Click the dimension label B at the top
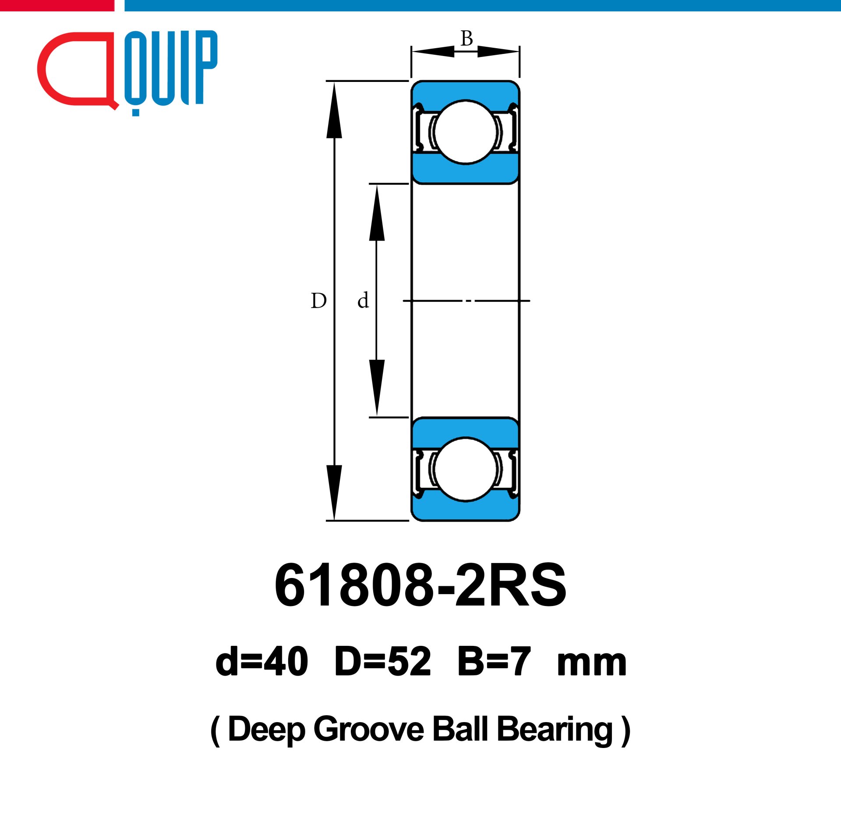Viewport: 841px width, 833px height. tap(466, 39)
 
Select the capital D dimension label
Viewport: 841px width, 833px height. tap(318, 301)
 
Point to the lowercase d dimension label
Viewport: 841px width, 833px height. tap(363, 300)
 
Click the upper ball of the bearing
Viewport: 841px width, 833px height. tap(466, 132)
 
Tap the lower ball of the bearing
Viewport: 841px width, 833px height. tap(466, 469)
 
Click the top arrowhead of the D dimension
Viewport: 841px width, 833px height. tap(334, 110)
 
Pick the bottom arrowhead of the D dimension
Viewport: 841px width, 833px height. tap(334, 493)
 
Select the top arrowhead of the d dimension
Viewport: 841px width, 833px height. tap(377, 213)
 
